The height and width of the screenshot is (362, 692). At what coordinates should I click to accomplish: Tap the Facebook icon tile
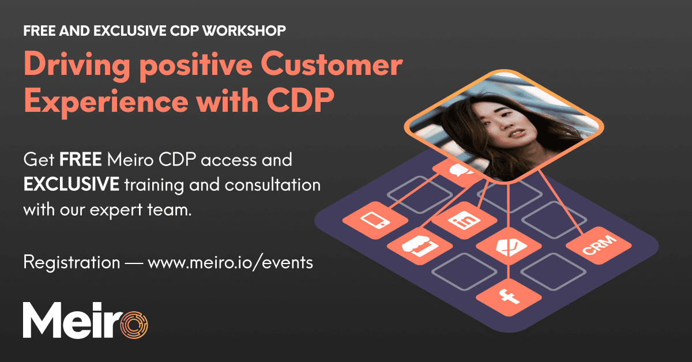pyautogui.click(x=509, y=296)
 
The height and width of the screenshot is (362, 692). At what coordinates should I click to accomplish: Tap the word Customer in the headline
pyautogui.click(x=341, y=65)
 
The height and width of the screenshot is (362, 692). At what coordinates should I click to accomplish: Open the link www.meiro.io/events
pyautogui.click(x=231, y=263)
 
